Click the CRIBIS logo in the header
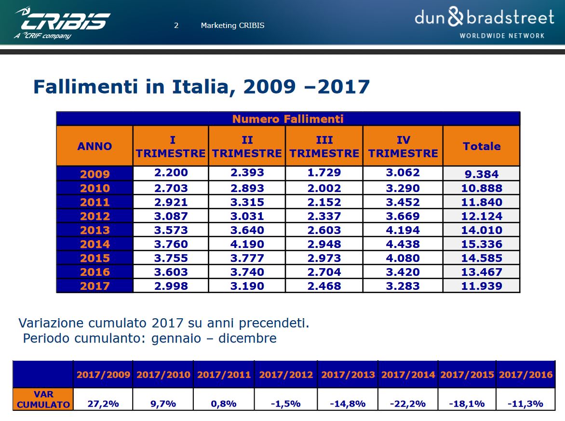[63, 22]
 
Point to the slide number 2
[176, 26]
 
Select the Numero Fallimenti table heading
[288, 119]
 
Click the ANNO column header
[94, 146]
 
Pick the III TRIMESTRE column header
[324, 147]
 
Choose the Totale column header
[481, 146]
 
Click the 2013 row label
[95, 230]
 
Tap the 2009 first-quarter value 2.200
[171, 173]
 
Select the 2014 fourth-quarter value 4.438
[403, 244]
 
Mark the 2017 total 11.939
[481, 286]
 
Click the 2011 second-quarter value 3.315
[247, 202]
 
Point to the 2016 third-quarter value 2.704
[324, 272]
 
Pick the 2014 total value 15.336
[481, 244]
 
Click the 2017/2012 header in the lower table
[286, 375]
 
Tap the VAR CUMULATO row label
[43, 400]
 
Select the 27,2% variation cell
[103, 404]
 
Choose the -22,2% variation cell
[408, 404]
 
